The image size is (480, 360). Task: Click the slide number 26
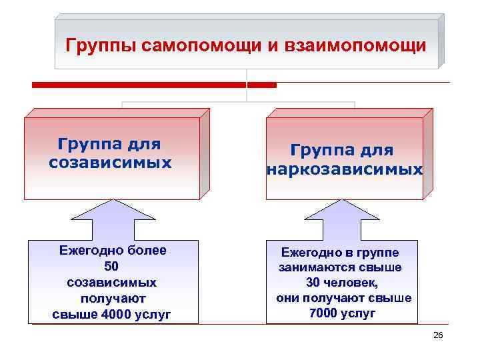pyautogui.click(x=438, y=335)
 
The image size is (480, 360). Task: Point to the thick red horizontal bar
pyautogui.click(x=154, y=85)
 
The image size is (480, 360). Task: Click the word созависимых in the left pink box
pyautogui.click(x=110, y=162)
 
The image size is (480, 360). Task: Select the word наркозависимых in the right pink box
pyautogui.click(x=345, y=169)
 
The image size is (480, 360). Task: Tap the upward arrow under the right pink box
pyautogui.click(x=341, y=220)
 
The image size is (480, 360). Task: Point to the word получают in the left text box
pyautogui.click(x=113, y=298)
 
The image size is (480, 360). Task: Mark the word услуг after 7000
pyautogui.click(x=361, y=313)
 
